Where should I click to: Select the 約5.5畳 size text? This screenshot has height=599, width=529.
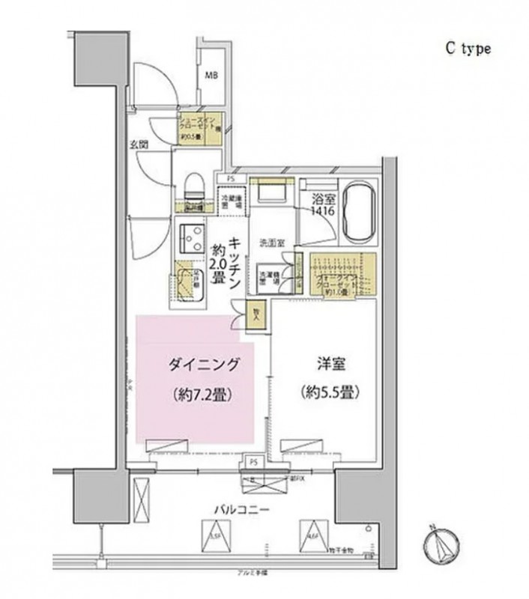(324, 391)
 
